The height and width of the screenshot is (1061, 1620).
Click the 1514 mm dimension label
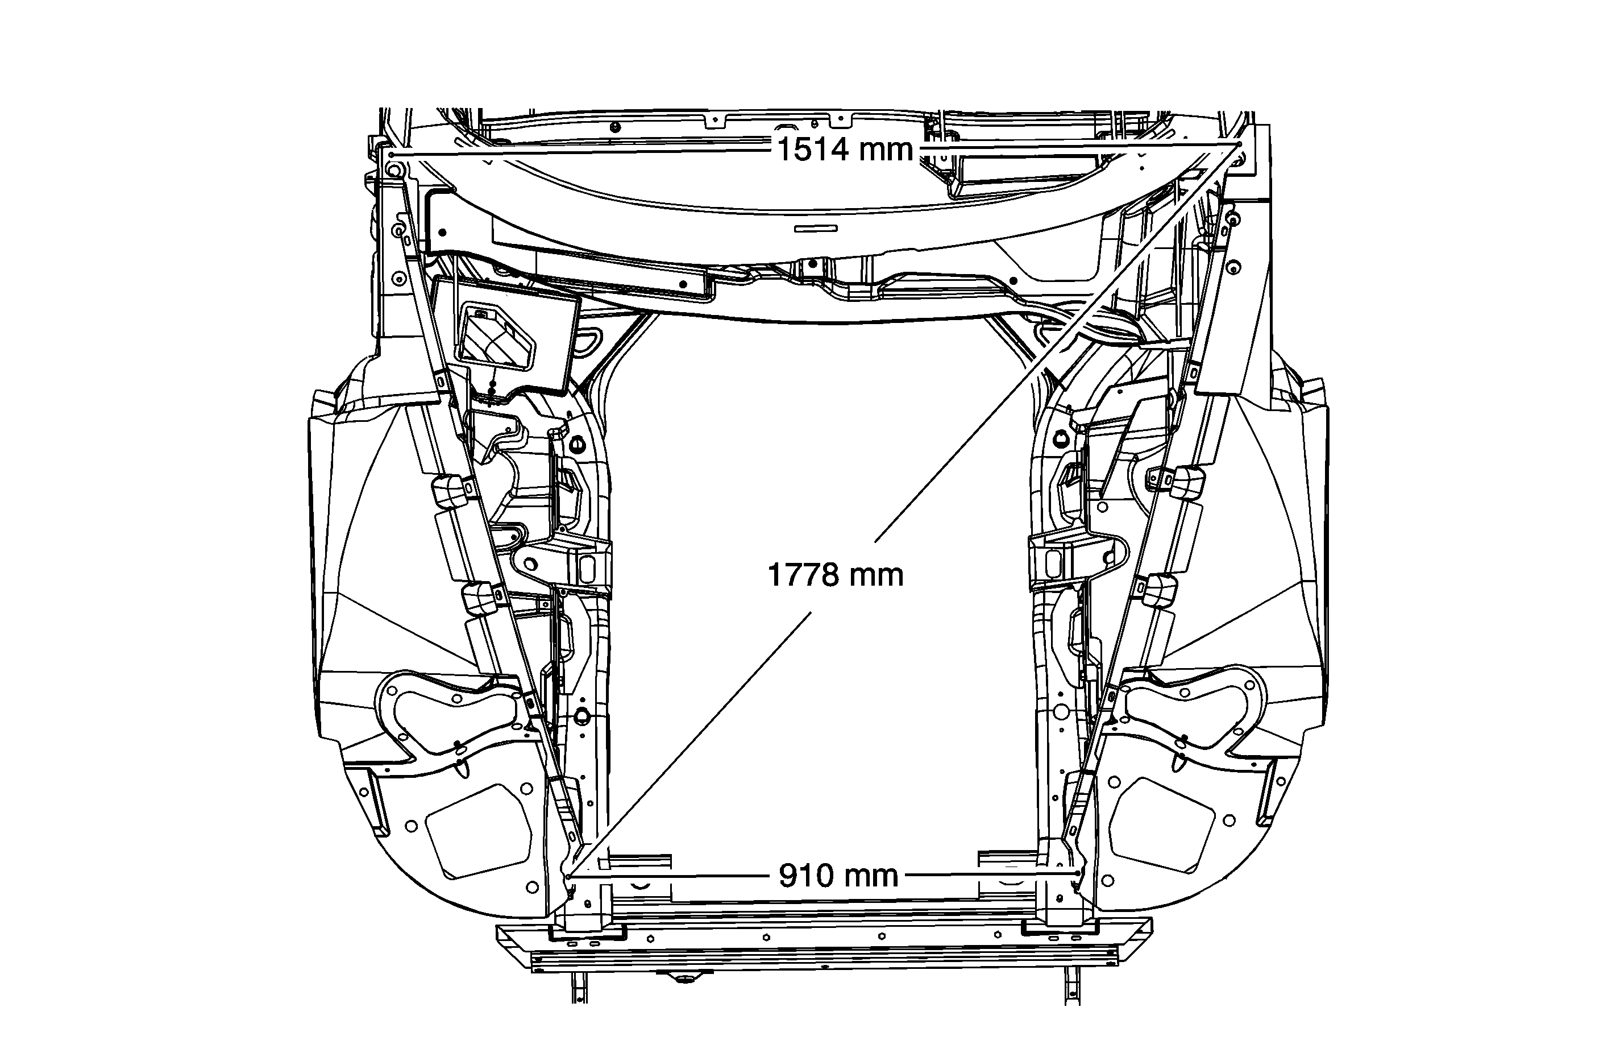pos(844,150)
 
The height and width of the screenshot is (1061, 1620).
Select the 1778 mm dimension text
pos(835,575)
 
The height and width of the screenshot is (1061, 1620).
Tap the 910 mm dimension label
pos(838,876)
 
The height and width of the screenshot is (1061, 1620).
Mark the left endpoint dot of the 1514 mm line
pos(392,155)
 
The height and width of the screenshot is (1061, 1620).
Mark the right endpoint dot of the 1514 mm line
pos(1239,144)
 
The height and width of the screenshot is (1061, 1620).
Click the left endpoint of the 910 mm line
pos(568,876)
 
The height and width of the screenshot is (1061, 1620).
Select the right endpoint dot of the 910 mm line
pos(1077,872)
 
